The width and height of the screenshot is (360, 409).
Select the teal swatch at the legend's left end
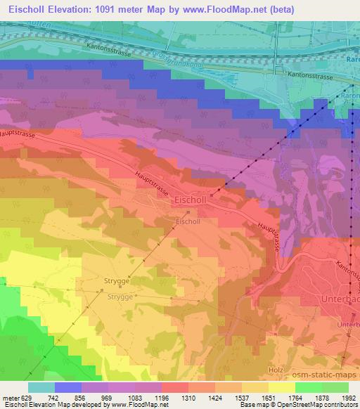(x=41, y=387)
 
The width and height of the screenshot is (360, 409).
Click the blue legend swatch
(x=67, y=387)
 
